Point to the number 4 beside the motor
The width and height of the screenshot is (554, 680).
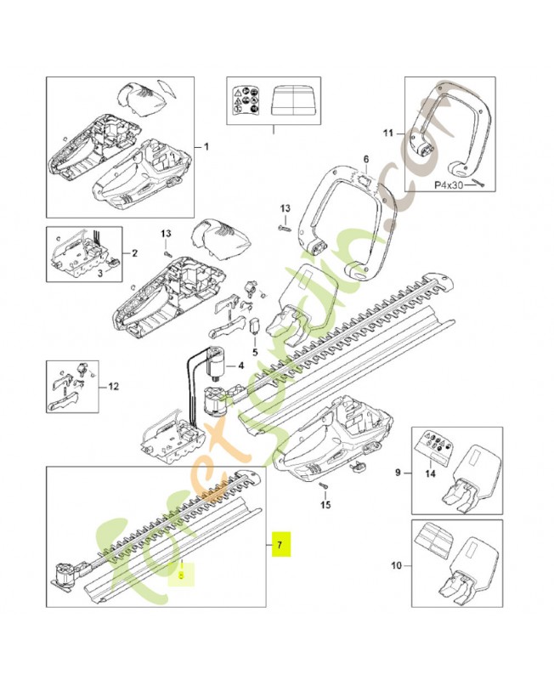click(241, 366)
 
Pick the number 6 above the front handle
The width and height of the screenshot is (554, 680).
click(366, 159)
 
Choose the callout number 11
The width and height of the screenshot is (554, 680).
click(388, 133)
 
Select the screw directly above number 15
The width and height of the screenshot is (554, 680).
click(325, 485)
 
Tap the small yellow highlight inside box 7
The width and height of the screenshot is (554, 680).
click(182, 575)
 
